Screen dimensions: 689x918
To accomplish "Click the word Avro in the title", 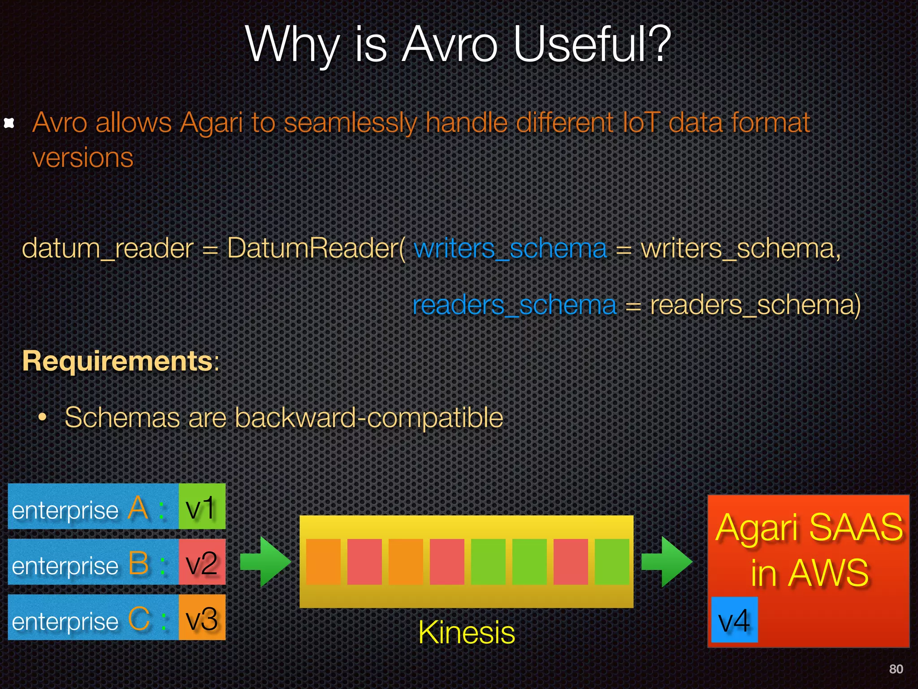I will (450, 45).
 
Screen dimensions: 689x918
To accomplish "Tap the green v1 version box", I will (202, 506).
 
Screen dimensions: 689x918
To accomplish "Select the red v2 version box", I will (202, 562).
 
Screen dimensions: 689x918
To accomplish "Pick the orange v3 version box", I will (202, 618).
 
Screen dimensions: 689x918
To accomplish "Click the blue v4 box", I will (734, 620).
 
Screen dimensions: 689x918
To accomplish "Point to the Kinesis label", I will (466, 632).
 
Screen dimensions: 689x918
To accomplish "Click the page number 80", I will (896, 669).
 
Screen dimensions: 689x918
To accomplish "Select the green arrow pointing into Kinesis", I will (265, 562).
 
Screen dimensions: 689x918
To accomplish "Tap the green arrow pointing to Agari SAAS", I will (666, 562).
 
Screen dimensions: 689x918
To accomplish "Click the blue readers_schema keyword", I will (514, 305).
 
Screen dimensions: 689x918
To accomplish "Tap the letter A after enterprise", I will (138, 508).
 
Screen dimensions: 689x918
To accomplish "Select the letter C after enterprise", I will (139, 619).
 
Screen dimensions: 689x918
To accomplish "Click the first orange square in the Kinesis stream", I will (323, 562).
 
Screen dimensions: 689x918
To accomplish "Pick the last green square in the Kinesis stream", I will (612, 562).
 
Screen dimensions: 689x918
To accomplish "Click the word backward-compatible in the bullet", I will (368, 418).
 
